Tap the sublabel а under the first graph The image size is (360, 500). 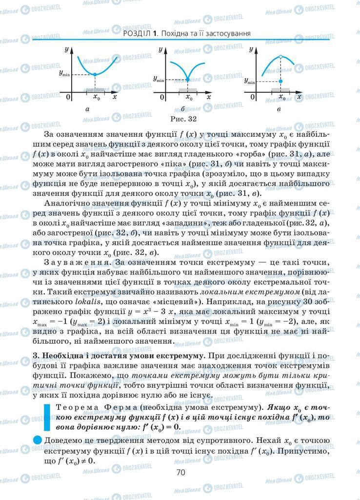click(87, 109)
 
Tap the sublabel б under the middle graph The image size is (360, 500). click(182, 109)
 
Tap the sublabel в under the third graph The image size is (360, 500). click(278, 109)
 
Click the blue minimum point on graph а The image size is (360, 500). click(95, 74)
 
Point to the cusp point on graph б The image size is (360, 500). click(188, 79)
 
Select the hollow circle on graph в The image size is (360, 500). click(280, 57)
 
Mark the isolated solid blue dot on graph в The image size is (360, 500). click(280, 81)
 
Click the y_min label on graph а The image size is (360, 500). click(65, 73)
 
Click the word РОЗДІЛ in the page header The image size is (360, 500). click(137, 34)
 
